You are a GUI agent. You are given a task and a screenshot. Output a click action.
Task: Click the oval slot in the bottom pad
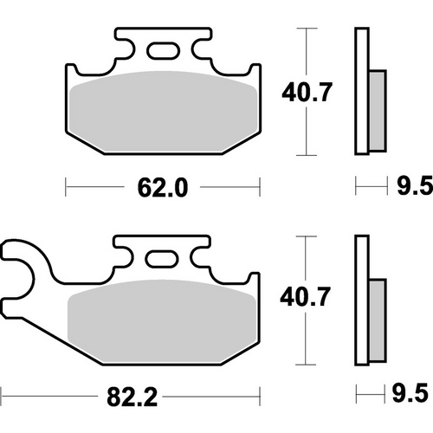pyautogui.click(x=161, y=259)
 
